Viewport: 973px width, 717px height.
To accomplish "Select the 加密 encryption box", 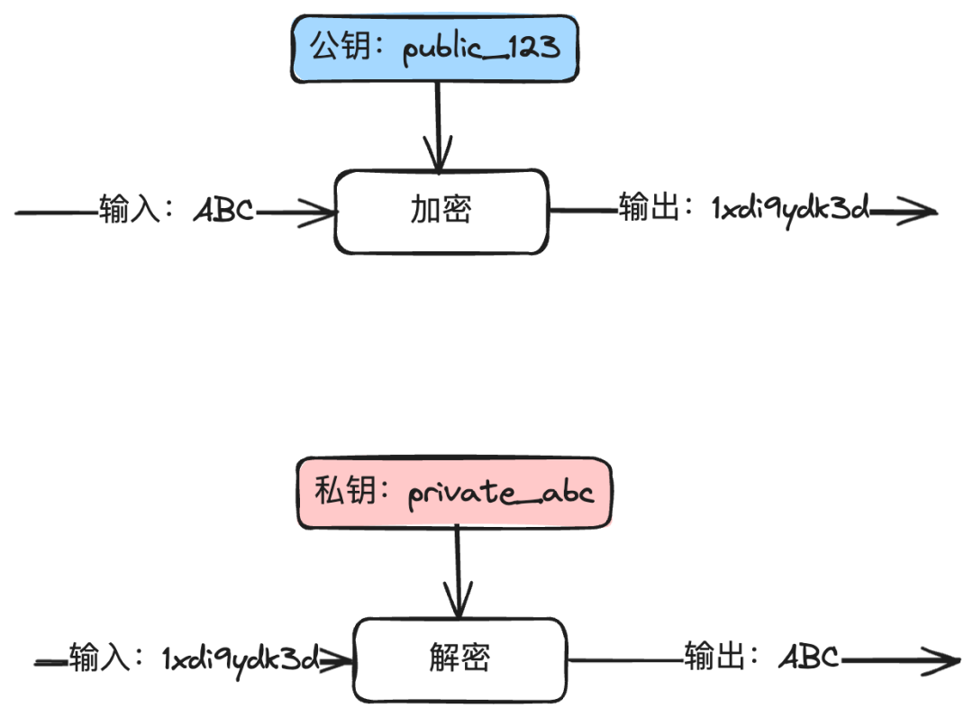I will click(x=441, y=211).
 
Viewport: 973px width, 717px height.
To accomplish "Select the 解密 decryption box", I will click(x=459, y=659).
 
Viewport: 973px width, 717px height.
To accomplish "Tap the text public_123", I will click(x=481, y=48).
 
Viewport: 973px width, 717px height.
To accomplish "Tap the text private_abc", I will click(x=501, y=494).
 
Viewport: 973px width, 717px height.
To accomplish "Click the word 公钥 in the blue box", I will click(x=339, y=47).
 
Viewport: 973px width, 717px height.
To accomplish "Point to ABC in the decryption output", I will click(x=809, y=658).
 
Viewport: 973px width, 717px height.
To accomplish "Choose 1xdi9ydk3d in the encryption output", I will click(x=789, y=210).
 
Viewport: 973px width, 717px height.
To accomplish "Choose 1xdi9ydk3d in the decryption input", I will click(x=240, y=659).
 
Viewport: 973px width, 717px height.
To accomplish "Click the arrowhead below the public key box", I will click(x=438, y=160).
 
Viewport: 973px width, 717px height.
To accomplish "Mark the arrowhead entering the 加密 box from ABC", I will click(x=324, y=213).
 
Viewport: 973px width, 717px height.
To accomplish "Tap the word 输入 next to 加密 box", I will click(x=125, y=212).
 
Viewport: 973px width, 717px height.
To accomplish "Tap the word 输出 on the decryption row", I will click(x=712, y=658).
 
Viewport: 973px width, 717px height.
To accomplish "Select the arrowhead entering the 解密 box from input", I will click(x=341, y=659).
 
